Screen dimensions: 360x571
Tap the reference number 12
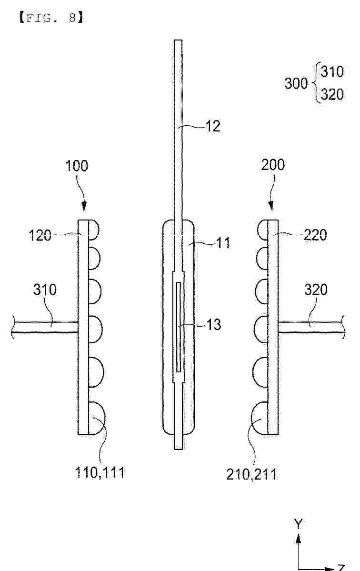[213, 126]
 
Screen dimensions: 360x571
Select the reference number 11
[223, 242]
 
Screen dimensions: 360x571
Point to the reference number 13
[213, 324]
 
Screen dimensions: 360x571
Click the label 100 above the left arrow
[77, 166]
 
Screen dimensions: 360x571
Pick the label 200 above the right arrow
[273, 165]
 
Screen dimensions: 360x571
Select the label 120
[40, 235]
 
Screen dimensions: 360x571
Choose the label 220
[315, 235]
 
